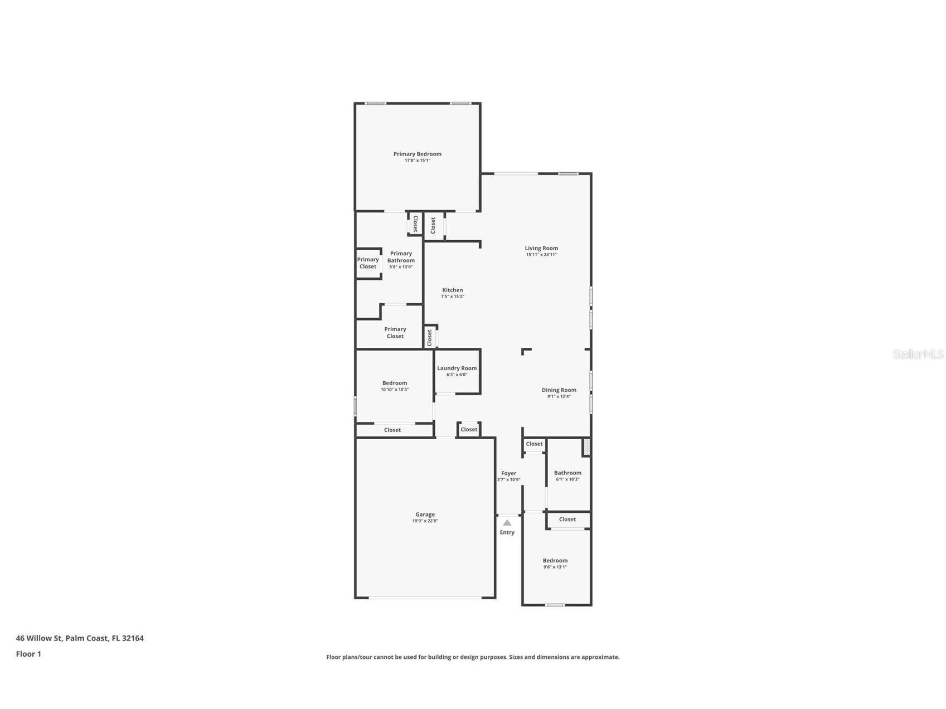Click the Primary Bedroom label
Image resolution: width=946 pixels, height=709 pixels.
click(x=417, y=154)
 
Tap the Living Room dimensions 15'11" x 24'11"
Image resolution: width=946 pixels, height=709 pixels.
click(x=541, y=255)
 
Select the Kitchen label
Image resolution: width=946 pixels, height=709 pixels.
click(x=452, y=290)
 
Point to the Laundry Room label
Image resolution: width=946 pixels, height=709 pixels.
click(x=457, y=368)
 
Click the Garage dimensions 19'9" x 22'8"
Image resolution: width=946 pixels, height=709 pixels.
click(x=425, y=521)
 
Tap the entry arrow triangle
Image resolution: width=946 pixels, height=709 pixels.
click(x=507, y=523)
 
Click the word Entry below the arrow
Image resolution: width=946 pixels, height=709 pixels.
click(x=507, y=532)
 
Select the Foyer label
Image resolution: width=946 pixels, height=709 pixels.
click(x=508, y=473)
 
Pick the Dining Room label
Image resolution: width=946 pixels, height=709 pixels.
click(x=559, y=390)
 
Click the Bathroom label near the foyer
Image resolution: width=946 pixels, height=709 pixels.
click(x=567, y=473)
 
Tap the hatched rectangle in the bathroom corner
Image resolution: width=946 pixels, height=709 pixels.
click(x=586, y=447)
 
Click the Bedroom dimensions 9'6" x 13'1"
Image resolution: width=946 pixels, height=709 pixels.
click(x=555, y=567)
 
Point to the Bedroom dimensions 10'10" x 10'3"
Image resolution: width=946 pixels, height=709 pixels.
click(x=394, y=390)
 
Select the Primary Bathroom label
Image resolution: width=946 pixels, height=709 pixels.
click(x=401, y=257)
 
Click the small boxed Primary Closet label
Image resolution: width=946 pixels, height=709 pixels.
click(x=368, y=263)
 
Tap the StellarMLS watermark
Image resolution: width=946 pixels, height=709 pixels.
click(x=918, y=354)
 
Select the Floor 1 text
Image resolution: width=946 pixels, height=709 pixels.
click(x=28, y=654)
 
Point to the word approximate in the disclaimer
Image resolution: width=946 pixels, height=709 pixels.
click(x=600, y=657)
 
